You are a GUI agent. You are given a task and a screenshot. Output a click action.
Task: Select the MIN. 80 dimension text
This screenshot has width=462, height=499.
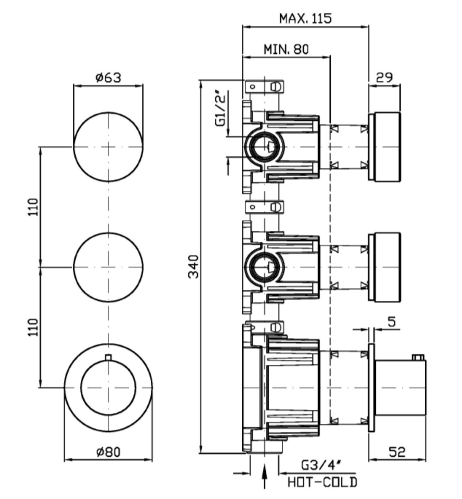[x=286, y=50]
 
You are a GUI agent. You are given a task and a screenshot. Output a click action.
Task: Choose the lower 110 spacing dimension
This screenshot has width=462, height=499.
[x=30, y=329]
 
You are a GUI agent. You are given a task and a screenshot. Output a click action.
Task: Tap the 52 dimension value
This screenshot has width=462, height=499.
[x=397, y=452]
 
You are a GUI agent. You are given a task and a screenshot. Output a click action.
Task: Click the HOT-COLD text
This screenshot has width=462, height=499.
[x=321, y=482]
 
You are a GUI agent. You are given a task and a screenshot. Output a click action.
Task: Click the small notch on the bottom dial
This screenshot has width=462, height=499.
[x=108, y=357]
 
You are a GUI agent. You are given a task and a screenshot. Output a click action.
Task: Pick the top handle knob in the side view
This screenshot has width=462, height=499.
[x=385, y=147]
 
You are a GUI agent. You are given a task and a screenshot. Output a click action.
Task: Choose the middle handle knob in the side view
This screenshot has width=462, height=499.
[x=385, y=267]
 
